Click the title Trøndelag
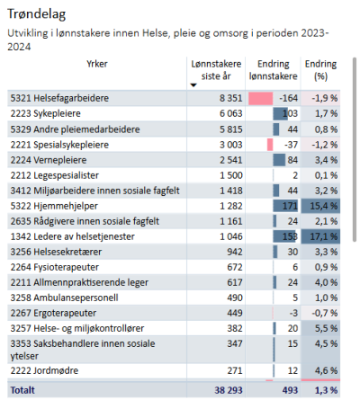click(x=36, y=14)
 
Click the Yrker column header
click(x=97, y=64)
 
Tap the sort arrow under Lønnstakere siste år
click(x=193, y=85)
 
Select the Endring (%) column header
click(x=320, y=70)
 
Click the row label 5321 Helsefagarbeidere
click(x=59, y=98)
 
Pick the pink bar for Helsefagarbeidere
click(x=261, y=98)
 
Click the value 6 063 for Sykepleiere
click(x=230, y=113)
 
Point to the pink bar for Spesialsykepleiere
click(x=270, y=145)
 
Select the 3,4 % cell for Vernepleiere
click(x=326, y=160)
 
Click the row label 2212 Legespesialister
click(x=55, y=175)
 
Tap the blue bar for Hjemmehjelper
click(x=285, y=206)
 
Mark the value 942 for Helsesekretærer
click(x=235, y=252)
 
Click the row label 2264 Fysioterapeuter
click(x=55, y=267)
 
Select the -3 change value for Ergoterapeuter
click(x=293, y=313)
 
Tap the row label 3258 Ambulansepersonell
click(x=64, y=298)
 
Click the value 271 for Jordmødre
click(x=235, y=370)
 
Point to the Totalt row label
click(x=22, y=390)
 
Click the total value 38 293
click(x=229, y=390)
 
